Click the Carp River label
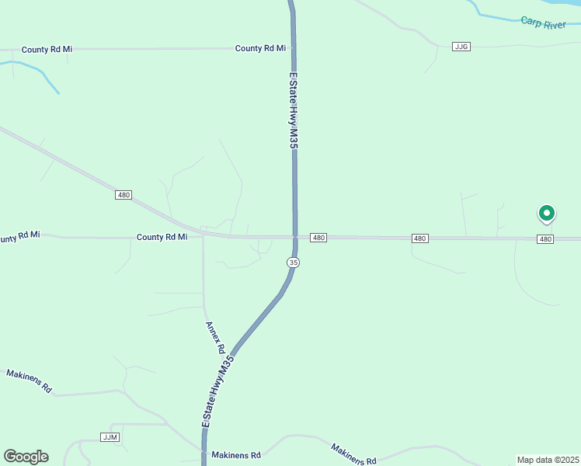tap(543, 24)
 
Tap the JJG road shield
tap(461, 47)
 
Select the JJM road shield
tap(110, 437)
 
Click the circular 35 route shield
tap(293, 263)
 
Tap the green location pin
tap(546, 213)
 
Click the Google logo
tap(26, 457)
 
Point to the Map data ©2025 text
tap(548, 460)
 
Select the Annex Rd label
tap(215, 338)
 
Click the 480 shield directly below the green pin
tap(545, 239)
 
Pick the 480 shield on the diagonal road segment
tap(124, 195)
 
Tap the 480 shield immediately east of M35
tap(318, 237)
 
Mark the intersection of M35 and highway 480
tap(295, 236)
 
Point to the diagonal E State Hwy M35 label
tap(217, 392)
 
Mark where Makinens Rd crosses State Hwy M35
tap(204, 451)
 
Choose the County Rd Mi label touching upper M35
tap(260, 48)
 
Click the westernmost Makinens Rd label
tap(29, 381)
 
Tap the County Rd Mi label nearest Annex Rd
tap(162, 237)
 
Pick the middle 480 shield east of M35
tap(419, 238)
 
